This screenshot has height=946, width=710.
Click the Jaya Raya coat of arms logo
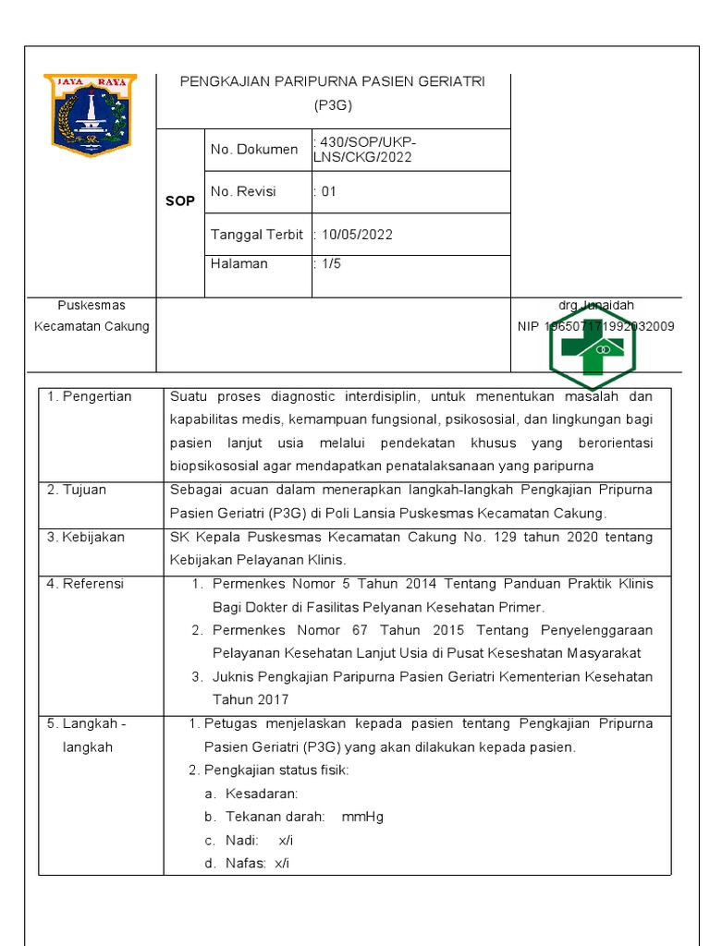coord(90,114)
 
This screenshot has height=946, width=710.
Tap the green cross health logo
coord(593,348)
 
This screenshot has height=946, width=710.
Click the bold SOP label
coord(180,200)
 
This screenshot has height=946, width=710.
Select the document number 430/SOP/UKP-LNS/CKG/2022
coord(364,150)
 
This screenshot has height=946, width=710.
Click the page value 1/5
coord(330,263)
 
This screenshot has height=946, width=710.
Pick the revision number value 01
coord(328,192)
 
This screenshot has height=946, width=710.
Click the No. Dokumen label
coord(254,150)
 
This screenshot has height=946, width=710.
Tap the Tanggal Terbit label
coord(257,235)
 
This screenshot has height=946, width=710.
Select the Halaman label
coord(239,263)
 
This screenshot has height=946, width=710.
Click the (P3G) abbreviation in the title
coord(334,105)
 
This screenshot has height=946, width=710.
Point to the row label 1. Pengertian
coord(90,396)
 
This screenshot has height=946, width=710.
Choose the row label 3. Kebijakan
coord(86,537)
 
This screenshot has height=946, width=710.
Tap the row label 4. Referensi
coord(86,584)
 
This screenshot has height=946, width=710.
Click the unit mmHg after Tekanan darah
coord(362,817)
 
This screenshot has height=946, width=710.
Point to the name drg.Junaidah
coord(596,305)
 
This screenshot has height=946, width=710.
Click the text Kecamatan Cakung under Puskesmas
coord(92,326)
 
